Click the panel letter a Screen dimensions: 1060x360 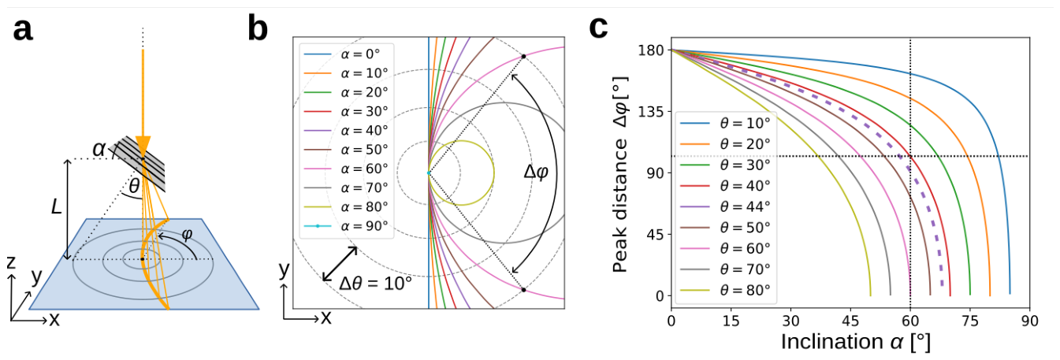pyautogui.click(x=23, y=31)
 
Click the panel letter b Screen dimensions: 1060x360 pyautogui.click(x=258, y=28)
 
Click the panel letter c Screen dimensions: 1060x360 pyautogui.click(x=598, y=28)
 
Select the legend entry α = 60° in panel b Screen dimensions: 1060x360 pyautogui.click(x=345, y=169)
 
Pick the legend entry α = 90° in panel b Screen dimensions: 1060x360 pyautogui.click(x=345, y=226)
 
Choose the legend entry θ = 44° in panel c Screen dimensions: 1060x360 pyautogui.click(x=725, y=206)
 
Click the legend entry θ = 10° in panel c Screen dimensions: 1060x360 pyautogui.click(x=725, y=123)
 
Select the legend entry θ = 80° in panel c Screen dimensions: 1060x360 pyautogui.click(x=725, y=290)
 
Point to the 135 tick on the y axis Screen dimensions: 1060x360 pyautogui.click(x=651, y=112)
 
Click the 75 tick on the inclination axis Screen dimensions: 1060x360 pyautogui.click(x=969, y=321)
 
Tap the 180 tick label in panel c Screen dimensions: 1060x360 pyautogui.click(x=651, y=50)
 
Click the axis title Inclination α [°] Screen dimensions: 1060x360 pyautogui.click(x=856, y=342)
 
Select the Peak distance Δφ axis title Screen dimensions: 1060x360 pyautogui.click(x=620, y=175)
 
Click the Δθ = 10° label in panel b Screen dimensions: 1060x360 pyautogui.click(x=375, y=284)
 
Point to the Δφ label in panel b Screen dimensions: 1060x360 pyautogui.click(x=536, y=171)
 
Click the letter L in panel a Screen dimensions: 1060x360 pyautogui.click(x=56, y=206)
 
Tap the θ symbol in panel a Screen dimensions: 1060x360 pyautogui.click(x=134, y=187)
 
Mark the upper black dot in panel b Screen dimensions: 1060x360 pyautogui.click(x=523, y=56)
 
